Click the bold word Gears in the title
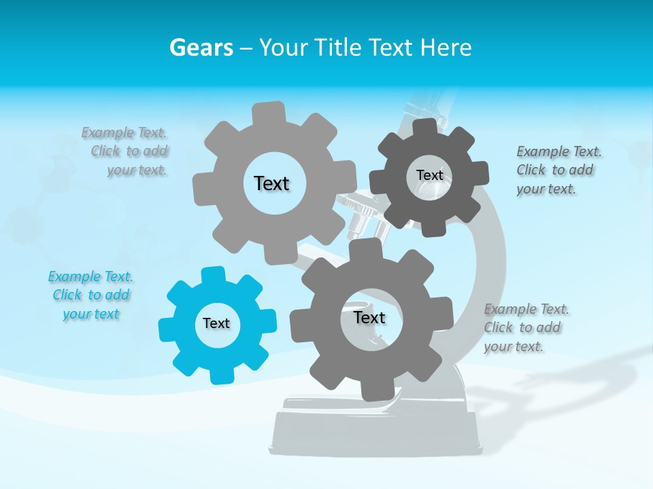(201, 48)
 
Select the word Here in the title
(446, 48)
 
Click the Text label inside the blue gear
(216, 323)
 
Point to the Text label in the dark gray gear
(430, 175)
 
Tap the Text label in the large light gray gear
(271, 183)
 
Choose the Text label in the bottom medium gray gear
(369, 317)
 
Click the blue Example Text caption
(90, 295)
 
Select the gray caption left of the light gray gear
(127, 151)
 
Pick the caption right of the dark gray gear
(555, 170)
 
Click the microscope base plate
(374, 435)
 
